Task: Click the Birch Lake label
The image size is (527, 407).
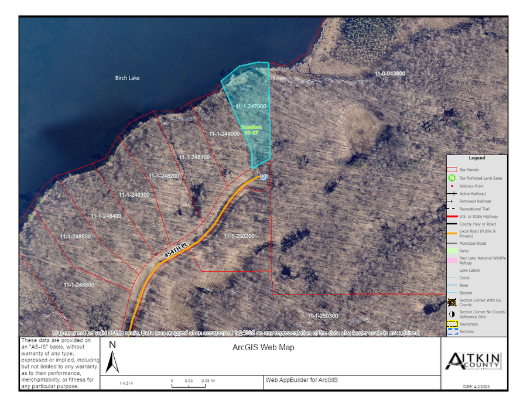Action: (127, 78)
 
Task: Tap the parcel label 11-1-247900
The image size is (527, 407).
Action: (251, 107)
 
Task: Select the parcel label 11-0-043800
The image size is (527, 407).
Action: (390, 74)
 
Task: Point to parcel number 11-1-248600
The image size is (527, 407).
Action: (79, 285)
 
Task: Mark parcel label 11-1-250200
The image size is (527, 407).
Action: (239, 236)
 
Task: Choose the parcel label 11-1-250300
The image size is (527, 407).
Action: (323, 316)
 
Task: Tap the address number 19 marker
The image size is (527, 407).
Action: (263, 177)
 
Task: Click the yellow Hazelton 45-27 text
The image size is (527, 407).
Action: (251, 129)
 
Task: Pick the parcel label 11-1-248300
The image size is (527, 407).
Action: (134, 194)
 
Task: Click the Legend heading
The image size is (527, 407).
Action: (477, 158)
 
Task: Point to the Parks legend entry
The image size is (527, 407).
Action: (464, 251)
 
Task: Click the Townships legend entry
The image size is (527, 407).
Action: (468, 324)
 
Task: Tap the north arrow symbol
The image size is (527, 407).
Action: (112, 358)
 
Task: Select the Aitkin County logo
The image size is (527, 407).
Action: (473, 360)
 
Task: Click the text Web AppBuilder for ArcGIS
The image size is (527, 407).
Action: (302, 380)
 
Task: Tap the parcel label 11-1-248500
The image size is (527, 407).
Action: (75, 237)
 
